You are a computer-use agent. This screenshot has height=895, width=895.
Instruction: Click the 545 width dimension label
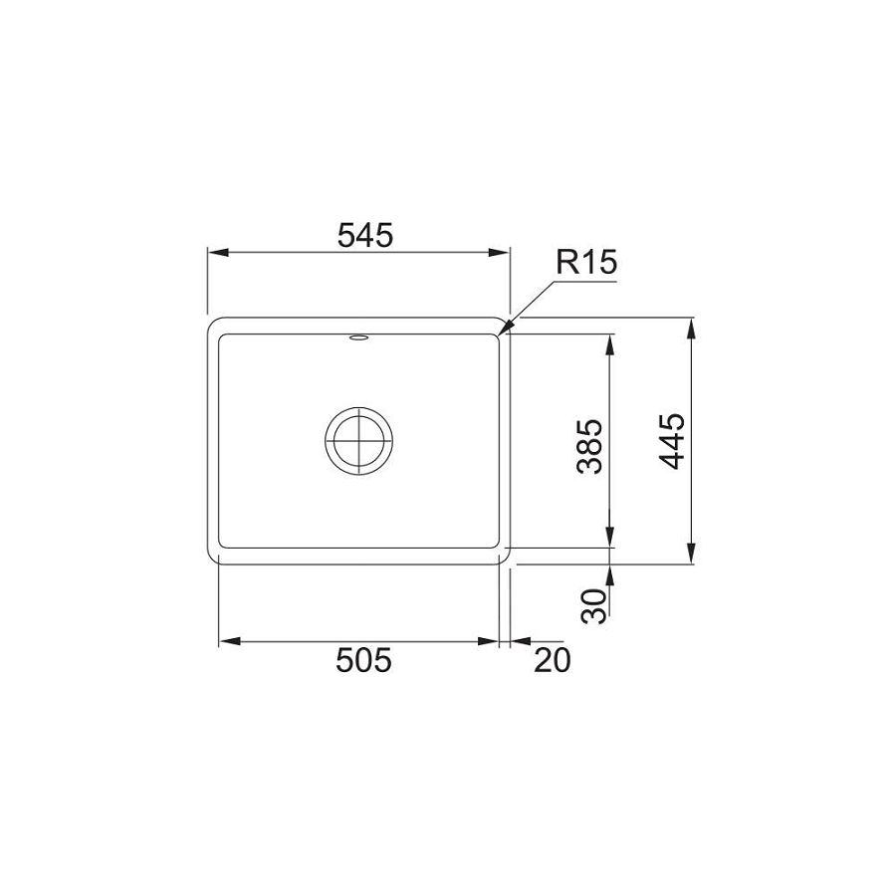click(365, 235)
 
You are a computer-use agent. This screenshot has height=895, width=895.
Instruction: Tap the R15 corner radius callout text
click(586, 262)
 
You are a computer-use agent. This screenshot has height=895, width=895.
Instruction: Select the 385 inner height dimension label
click(589, 446)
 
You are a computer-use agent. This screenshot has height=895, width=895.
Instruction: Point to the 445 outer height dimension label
click(671, 441)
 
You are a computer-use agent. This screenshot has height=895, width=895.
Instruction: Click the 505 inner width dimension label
click(363, 660)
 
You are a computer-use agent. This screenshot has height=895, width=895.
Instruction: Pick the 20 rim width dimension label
click(552, 660)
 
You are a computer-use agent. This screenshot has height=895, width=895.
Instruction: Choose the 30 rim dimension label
click(593, 605)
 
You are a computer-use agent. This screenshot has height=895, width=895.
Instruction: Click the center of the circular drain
click(358, 441)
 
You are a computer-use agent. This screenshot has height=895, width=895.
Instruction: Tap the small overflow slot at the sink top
click(358, 338)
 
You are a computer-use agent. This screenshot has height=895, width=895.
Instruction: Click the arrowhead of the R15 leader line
click(505, 327)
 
